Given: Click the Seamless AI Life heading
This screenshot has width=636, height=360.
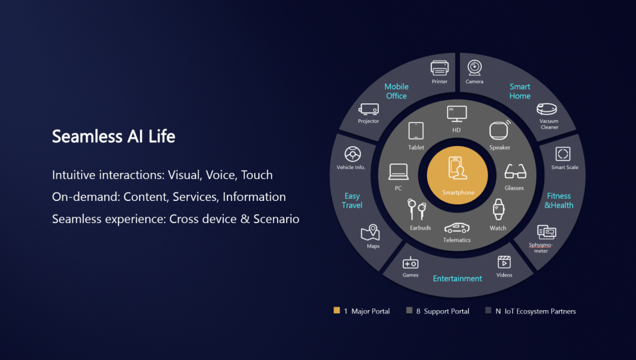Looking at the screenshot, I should coord(113,137).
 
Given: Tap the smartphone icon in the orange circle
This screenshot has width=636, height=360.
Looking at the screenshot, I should coord(457,169).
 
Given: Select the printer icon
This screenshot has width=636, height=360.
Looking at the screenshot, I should coord(440,68).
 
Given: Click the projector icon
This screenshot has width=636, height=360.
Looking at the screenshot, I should coord(368,109).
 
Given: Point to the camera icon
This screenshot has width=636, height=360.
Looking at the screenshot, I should coord(474,68).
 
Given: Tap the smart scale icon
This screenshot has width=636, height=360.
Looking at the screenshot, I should coord(563,154).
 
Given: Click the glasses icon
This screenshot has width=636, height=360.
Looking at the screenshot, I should coord(515,172).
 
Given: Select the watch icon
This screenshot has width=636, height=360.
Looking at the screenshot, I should coord(498,209).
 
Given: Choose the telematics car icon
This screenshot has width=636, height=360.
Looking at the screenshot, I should coord(457,228).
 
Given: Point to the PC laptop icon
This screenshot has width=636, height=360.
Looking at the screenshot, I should coord(398,172).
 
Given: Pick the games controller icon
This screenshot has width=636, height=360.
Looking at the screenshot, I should coord(410,262).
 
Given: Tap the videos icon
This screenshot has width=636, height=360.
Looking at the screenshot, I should coord(504,262).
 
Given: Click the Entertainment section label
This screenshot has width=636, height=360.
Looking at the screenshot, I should coord(457,278).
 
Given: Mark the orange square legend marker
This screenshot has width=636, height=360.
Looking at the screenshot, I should coord(337,311).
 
